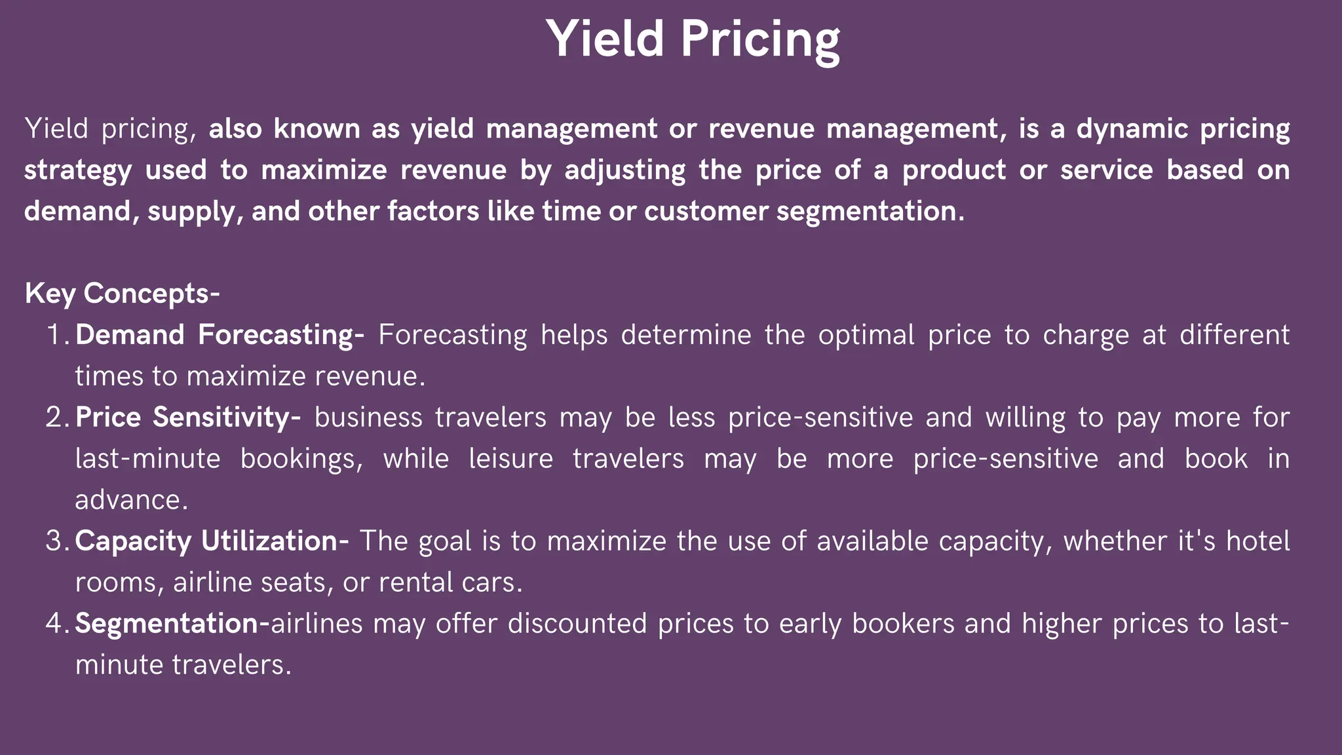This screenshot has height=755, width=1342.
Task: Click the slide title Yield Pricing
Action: click(x=693, y=39)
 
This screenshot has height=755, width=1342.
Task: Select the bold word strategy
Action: click(x=78, y=170)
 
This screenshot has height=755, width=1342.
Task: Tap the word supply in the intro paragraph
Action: click(x=190, y=212)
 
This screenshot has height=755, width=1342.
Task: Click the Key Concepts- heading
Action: click(x=122, y=293)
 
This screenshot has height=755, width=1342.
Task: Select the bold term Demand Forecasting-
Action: click(x=220, y=335)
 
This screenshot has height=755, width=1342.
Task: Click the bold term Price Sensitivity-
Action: click(x=188, y=417)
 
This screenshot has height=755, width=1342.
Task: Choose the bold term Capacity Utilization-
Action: click(x=212, y=541)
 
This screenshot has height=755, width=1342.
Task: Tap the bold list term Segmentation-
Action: click(x=172, y=623)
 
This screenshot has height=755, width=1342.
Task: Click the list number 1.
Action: click(x=58, y=335)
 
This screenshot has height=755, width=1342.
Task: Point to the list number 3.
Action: click(x=58, y=541)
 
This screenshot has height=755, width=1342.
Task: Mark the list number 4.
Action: click(x=58, y=623)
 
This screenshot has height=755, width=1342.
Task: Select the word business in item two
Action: click(x=368, y=417)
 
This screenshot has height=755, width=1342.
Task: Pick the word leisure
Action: click(x=510, y=459)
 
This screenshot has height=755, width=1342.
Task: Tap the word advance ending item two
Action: click(x=131, y=500)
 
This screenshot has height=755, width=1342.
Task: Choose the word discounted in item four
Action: click(x=577, y=623)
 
